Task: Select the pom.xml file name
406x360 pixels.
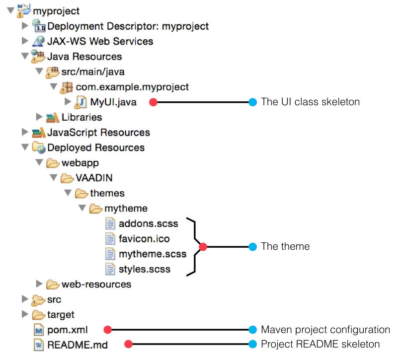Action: [68, 330]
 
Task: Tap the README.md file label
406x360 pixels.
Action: [77, 345]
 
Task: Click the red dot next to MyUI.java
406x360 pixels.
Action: [154, 102]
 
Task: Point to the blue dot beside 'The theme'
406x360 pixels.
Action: [252, 247]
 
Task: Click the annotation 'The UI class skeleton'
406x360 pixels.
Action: [310, 102]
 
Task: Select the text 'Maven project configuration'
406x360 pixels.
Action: [325, 330]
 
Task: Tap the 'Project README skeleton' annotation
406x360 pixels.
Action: [320, 345]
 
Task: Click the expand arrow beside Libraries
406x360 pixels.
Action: [39, 117]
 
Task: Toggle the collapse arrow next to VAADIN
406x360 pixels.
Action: [54, 178]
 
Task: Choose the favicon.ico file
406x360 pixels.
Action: [144, 239]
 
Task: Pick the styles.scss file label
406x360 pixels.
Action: [145, 269]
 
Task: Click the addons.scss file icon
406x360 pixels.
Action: [110, 223]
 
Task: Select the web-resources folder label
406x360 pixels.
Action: [96, 285]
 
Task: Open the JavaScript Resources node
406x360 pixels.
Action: [98, 133]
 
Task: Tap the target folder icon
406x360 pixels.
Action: [38, 315]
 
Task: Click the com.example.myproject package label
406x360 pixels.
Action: [132, 87]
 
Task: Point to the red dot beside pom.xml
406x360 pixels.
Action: [108, 330]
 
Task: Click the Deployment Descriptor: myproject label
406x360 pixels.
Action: [128, 26]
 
